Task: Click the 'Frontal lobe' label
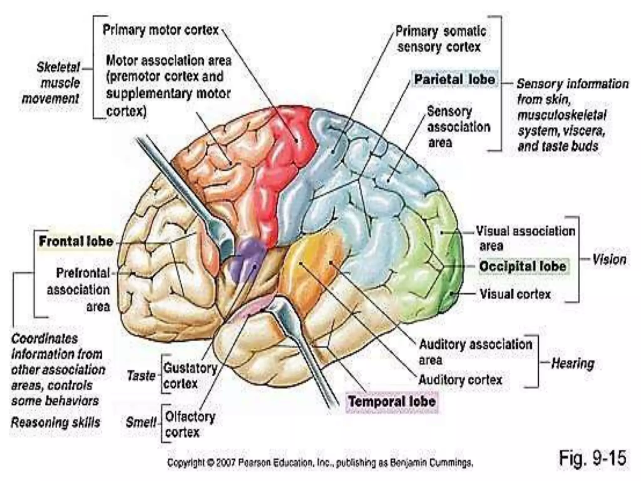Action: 75,241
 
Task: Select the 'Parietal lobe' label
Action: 454,79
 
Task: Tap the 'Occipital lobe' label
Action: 523,266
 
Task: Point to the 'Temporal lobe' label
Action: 392,401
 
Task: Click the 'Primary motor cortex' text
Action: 161,30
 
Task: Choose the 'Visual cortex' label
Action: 515,294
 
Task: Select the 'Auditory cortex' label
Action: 460,380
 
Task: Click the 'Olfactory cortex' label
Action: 190,425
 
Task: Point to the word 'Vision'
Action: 609,260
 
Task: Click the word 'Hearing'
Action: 572,364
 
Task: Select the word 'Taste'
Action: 141,375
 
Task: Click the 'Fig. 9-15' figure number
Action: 592,458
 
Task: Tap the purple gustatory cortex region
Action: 247,255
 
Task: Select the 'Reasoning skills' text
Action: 55,422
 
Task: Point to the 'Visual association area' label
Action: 525,238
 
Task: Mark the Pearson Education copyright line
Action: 320,463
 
